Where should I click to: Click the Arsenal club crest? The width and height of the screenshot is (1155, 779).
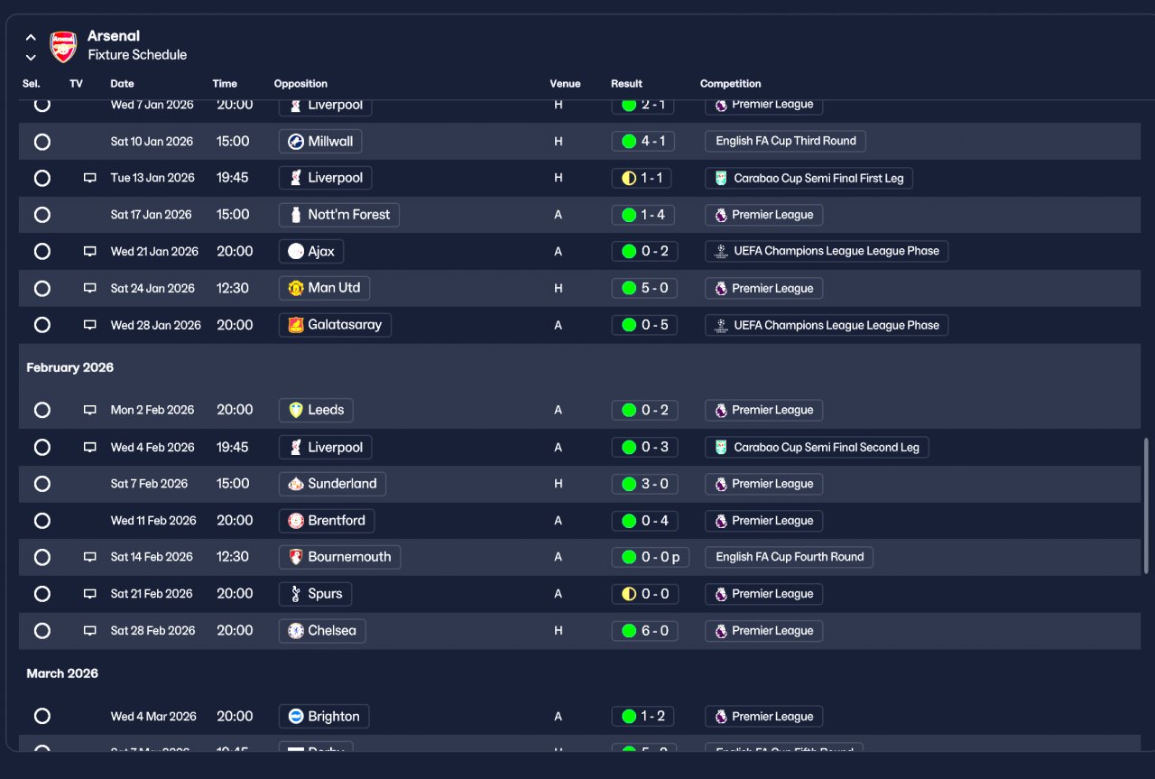(x=63, y=46)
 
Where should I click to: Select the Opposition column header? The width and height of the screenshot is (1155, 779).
(x=300, y=84)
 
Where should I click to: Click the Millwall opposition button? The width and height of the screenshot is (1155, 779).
(x=320, y=142)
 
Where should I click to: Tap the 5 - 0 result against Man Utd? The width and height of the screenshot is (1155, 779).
(x=643, y=289)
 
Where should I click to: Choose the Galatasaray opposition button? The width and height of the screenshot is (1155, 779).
(x=335, y=325)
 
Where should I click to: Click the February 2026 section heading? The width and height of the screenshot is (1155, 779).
(x=69, y=368)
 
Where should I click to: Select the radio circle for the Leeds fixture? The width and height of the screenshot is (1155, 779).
(x=42, y=410)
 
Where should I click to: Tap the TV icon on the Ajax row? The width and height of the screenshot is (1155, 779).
(x=89, y=252)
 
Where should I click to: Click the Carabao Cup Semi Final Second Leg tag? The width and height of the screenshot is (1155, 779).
(x=817, y=447)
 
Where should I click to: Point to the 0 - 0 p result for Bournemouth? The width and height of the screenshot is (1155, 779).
(x=650, y=557)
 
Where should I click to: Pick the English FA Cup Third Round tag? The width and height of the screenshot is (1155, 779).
(x=785, y=142)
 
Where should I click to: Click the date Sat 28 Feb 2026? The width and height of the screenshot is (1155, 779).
(x=152, y=631)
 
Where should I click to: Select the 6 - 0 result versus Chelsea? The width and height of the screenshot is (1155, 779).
(x=643, y=631)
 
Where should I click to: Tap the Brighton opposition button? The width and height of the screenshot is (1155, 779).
(x=324, y=717)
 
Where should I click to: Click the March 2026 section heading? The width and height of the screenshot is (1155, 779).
(x=62, y=674)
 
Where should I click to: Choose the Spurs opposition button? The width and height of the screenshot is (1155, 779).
(x=315, y=594)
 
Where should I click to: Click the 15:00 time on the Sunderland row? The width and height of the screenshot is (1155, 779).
(x=233, y=484)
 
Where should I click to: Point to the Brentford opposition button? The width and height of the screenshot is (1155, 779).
(x=326, y=521)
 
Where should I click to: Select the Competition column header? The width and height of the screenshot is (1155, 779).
(x=730, y=84)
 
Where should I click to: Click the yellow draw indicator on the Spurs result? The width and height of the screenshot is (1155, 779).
(x=629, y=594)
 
